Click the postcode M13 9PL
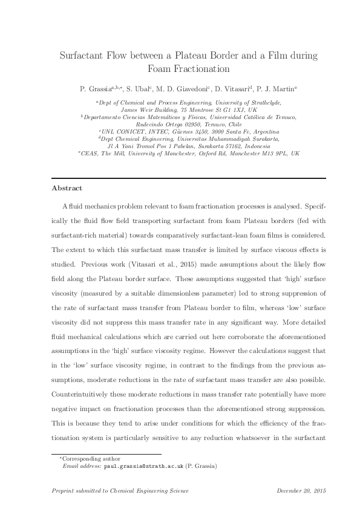point(265,154)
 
